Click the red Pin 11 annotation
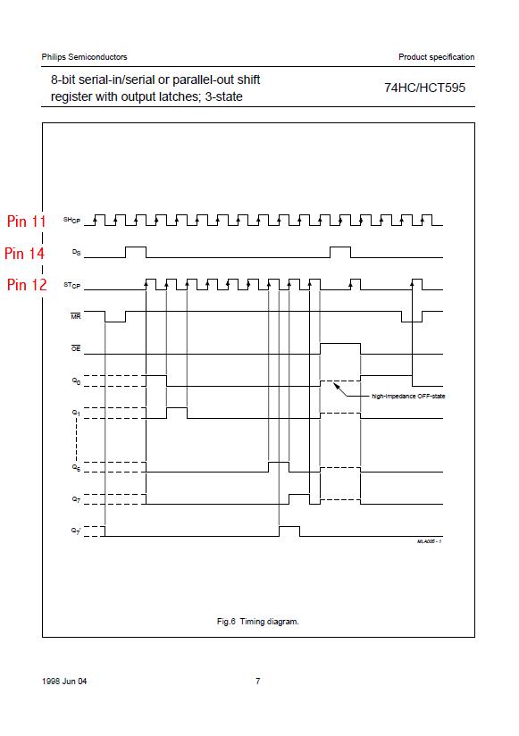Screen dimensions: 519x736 pos(26,222)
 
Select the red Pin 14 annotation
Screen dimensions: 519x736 pos(24,254)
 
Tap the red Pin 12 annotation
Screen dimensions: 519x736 pos(27,284)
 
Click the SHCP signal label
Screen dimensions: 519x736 pos(71,220)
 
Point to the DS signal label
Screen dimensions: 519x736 pos(77,253)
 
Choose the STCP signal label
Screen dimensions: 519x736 pos(71,285)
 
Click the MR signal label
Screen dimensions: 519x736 pos(76,316)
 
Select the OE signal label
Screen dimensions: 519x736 pos(76,348)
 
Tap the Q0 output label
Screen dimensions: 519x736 pos(76,381)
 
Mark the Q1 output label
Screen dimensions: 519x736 pos(76,413)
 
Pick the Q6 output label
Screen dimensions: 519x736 pos(76,467)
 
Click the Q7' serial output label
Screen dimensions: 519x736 pos(76,531)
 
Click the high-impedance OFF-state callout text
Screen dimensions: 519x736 pos(408,397)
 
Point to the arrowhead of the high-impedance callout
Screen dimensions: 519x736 pos(336,385)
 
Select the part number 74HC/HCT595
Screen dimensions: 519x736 pos(424,88)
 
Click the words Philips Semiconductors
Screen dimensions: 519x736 pos(85,57)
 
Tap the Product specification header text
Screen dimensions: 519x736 pos(437,57)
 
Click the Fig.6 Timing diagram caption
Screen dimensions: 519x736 pos(257,622)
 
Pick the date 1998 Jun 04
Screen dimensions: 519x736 pos(64,682)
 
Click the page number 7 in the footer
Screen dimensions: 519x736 pos(257,682)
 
